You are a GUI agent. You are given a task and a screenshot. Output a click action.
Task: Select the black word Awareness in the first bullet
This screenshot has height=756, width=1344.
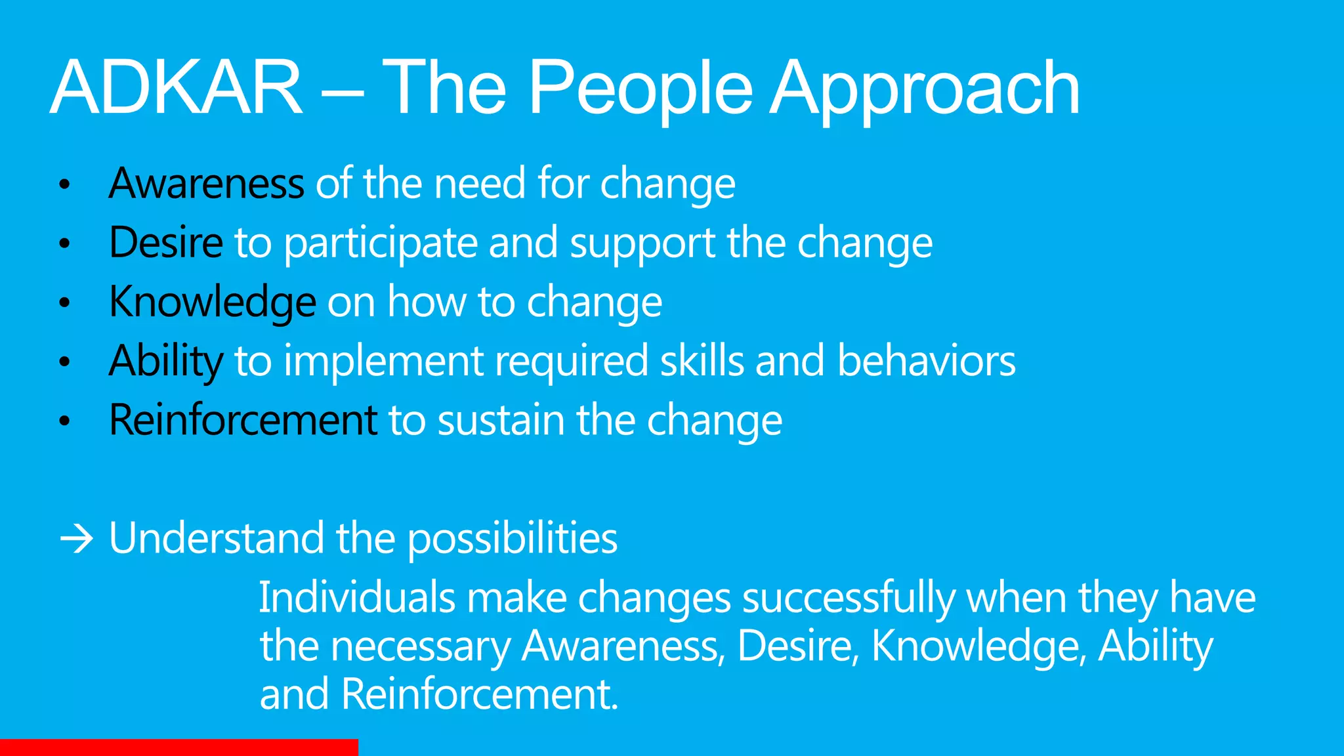206,183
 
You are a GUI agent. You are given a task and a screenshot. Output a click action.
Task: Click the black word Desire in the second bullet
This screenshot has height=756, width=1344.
166,242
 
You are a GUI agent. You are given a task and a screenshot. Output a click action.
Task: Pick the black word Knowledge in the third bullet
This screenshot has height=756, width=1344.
213,302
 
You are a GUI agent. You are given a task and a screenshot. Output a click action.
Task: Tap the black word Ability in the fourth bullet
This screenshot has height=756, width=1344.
166,361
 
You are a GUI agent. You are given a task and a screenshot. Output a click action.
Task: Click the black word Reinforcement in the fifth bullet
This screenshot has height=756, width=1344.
243,420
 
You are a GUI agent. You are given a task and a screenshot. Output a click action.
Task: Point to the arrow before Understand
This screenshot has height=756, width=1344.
76,539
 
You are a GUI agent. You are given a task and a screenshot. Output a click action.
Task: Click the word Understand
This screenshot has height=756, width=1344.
216,538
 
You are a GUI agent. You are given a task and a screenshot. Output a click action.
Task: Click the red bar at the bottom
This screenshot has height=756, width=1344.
178,747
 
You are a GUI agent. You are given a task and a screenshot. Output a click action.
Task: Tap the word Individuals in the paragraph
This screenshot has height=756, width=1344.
357,598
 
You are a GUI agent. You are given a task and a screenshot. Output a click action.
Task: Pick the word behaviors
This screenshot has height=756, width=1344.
926,361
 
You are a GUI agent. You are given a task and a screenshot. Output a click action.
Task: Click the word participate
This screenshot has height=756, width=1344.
380,243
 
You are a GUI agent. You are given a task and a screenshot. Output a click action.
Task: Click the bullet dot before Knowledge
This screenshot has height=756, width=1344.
64,303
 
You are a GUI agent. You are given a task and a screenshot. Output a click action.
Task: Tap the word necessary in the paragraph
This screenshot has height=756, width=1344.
420,647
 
